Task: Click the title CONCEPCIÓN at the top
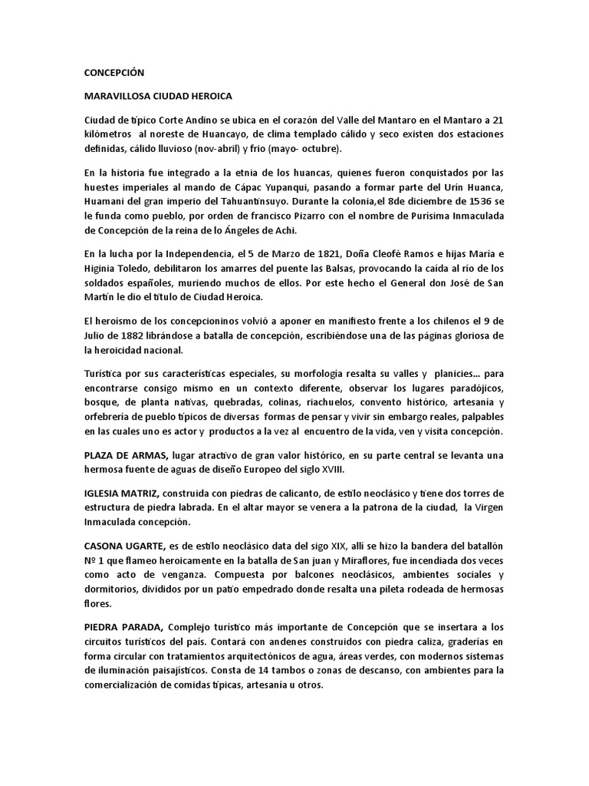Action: click(114, 72)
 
